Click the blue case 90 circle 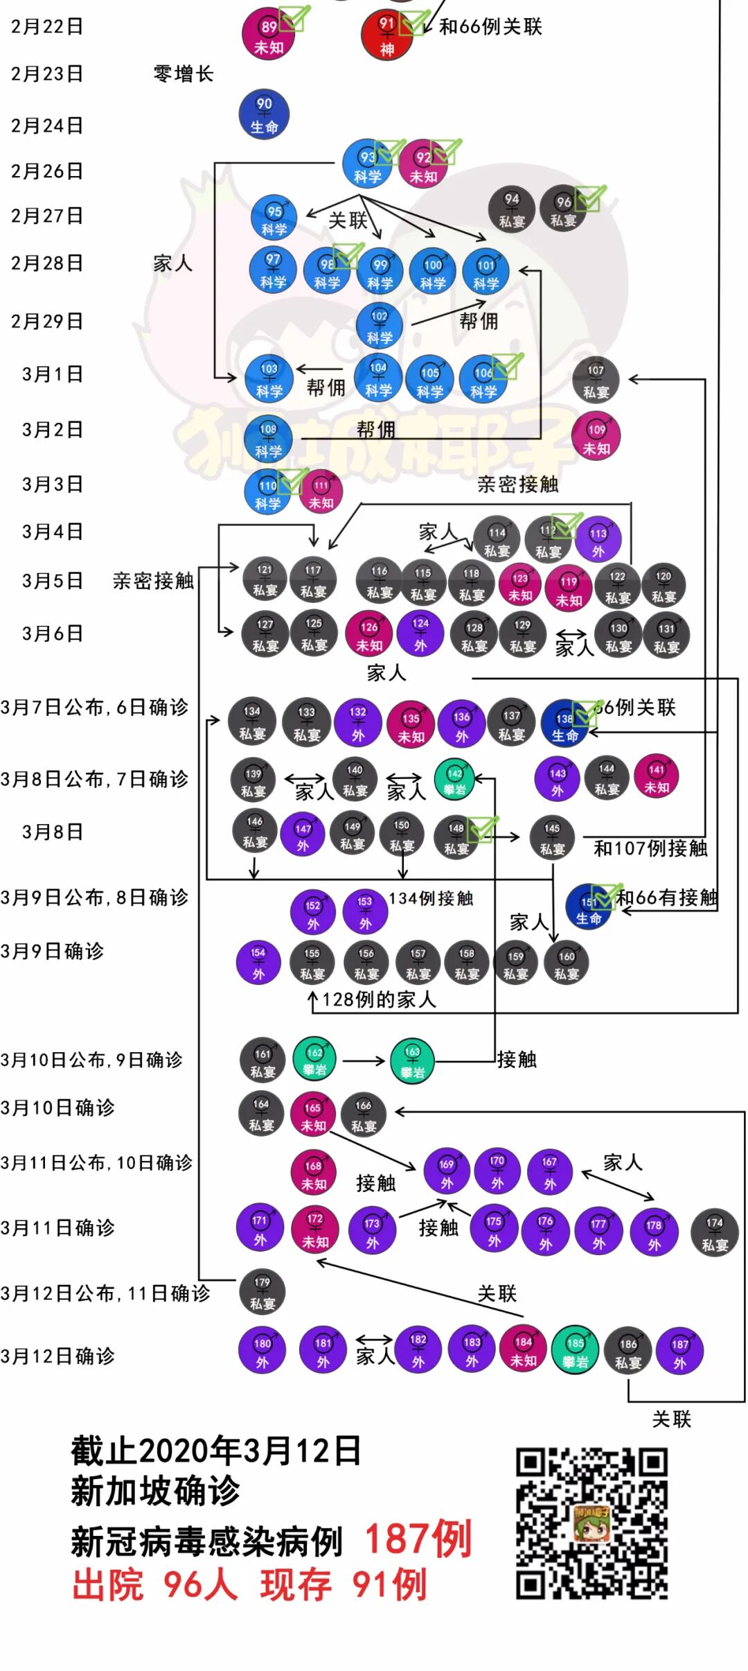pos(264,115)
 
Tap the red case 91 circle pos(386,35)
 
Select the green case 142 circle pos(455,780)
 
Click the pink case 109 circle pos(596,437)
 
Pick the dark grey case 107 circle pos(596,380)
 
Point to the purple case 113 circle pos(598,540)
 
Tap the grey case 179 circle pos(262,1292)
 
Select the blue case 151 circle pos(589,908)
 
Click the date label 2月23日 pos(47,73)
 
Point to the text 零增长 pos(184,73)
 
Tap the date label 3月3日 pos(53,484)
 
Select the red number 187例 pos(418,1539)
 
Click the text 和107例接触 pos(650,848)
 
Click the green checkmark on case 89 pos(294,19)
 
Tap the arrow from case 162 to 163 pos(364,1060)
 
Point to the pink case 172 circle pos(315,1230)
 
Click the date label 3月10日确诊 pos(57,1108)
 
